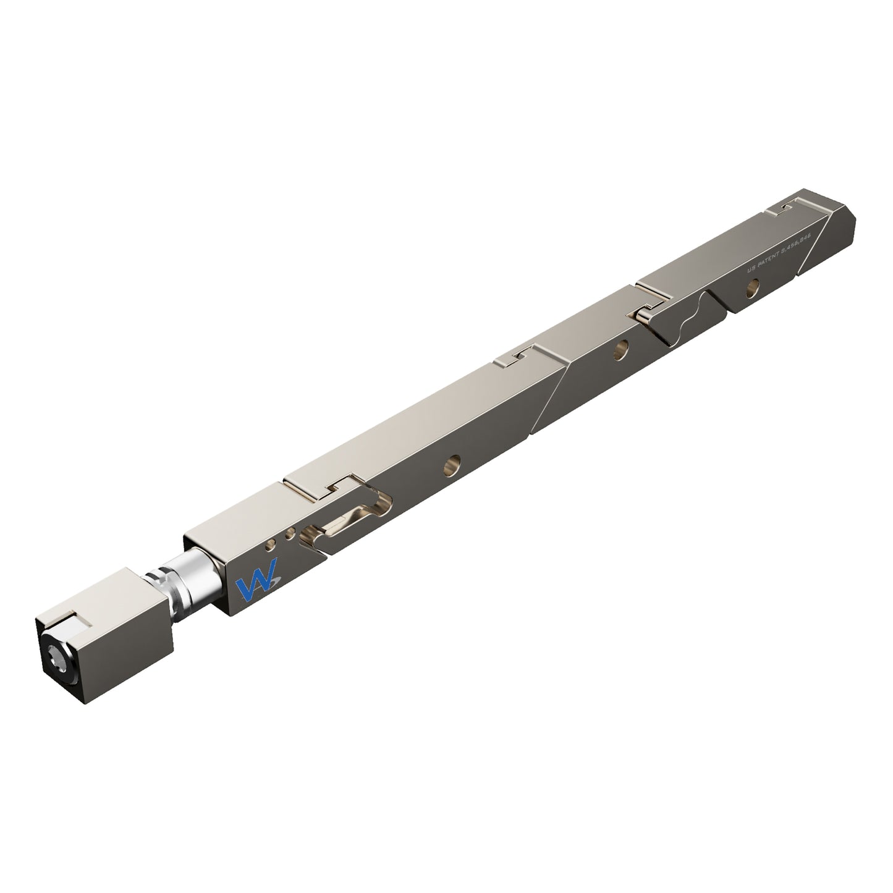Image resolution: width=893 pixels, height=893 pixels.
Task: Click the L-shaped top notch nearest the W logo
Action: pyautogui.click(x=334, y=485)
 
